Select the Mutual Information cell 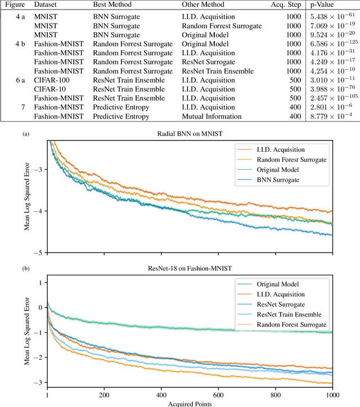click(211, 117)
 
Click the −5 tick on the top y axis click(37, 252)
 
